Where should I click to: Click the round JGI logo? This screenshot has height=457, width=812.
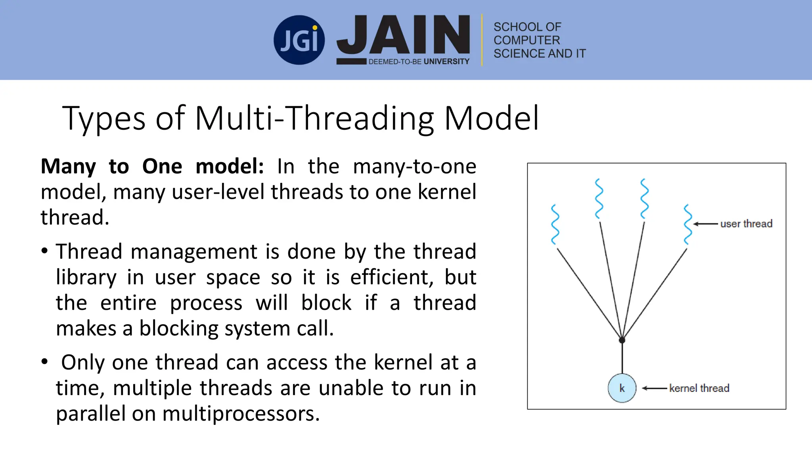click(x=299, y=40)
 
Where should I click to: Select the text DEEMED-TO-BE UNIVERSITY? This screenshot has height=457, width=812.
click(x=419, y=61)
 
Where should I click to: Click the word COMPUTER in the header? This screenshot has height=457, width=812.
click(x=527, y=40)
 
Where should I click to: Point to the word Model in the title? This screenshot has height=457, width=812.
click(x=492, y=118)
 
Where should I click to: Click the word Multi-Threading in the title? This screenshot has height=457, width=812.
click(x=315, y=118)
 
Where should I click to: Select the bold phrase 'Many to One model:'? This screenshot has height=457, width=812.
click(x=152, y=166)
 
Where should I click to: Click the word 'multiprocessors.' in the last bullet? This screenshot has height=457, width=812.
click(x=241, y=413)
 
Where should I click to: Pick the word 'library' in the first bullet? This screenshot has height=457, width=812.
click(x=86, y=277)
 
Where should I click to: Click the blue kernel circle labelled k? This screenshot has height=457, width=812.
click(x=622, y=388)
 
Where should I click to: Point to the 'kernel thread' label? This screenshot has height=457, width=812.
click(x=699, y=388)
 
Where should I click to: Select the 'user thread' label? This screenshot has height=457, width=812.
click(x=746, y=224)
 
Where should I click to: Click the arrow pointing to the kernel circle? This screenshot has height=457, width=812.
click(x=654, y=388)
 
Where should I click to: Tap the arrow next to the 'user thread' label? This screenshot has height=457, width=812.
click(x=705, y=224)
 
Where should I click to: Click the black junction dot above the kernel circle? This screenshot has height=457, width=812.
click(x=622, y=340)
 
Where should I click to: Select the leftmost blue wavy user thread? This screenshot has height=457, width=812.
click(x=555, y=225)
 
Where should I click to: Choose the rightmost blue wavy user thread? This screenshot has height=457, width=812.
click(x=688, y=225)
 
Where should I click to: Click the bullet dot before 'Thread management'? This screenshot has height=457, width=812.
click(x=44, y=251)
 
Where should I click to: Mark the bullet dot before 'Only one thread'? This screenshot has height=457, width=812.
click(x=44, y=362)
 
